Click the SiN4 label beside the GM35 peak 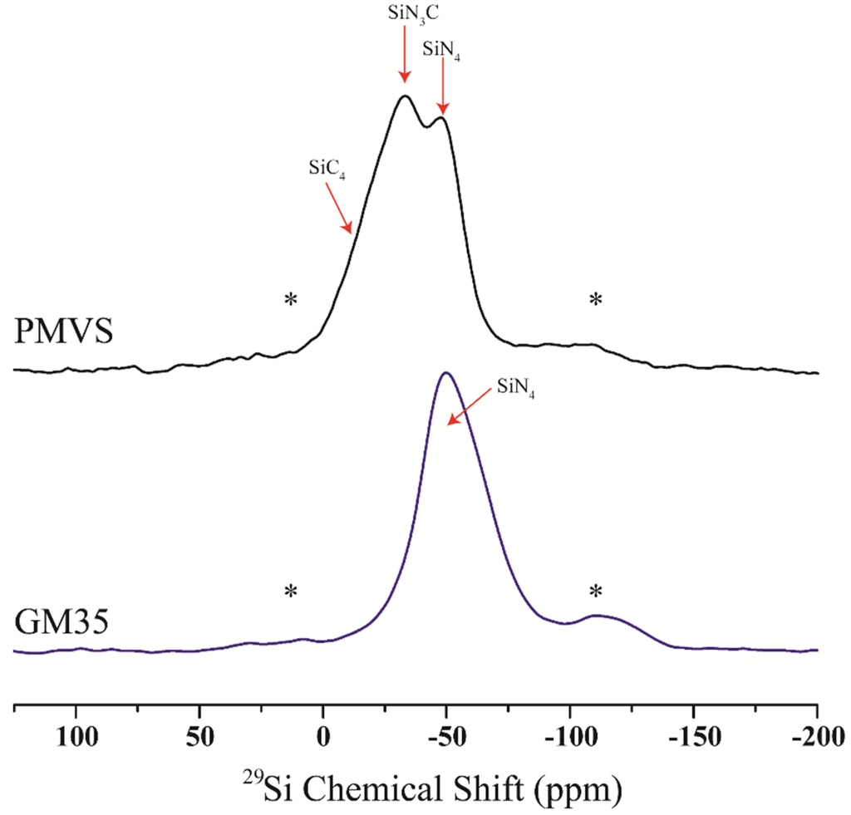pos(515,387)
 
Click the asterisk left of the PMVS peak pos(291,300)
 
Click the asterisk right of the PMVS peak pos(595,300)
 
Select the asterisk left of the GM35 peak pos(291,592)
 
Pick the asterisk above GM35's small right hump pos(595,592)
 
